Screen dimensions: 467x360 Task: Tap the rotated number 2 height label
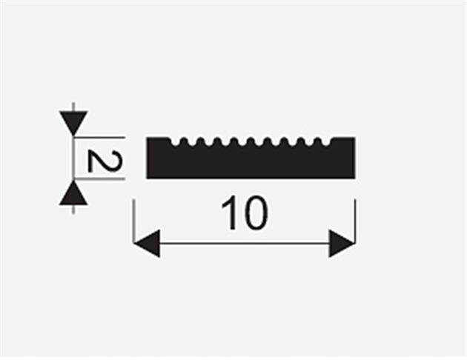pos(99,159)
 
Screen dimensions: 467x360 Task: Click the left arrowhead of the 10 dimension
pos(146,243)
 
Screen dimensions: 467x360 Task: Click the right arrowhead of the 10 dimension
pos(342,243)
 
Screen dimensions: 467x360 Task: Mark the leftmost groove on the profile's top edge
pos(176,141)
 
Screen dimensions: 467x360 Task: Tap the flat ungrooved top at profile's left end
pos(158,139)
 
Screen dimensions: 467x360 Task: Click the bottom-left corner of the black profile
pos(148,177)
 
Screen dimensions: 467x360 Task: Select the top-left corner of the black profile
pos(148,138)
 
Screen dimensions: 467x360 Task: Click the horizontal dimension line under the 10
pos(245,243)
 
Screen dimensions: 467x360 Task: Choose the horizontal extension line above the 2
pos(104,137)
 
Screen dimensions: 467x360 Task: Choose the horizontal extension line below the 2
pos(104,179)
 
